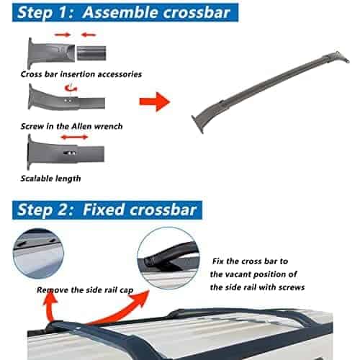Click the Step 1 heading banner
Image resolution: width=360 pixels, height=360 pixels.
[125, 12]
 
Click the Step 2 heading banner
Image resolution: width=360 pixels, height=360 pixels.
[107, 210]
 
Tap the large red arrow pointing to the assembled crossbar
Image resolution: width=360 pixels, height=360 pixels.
[155, 102]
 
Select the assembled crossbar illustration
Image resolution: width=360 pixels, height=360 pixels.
[270, 92]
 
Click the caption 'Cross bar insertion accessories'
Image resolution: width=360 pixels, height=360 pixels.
[81, 74]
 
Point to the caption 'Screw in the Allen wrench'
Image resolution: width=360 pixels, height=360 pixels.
[71, 126]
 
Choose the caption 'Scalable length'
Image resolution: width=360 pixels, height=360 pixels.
[50, 179]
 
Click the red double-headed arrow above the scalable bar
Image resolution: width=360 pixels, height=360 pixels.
[75, 138]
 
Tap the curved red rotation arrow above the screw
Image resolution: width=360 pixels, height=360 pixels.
[71, 88]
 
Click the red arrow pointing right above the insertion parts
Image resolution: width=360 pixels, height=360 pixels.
[63, 35]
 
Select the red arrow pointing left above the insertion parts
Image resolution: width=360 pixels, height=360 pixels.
[89, 35]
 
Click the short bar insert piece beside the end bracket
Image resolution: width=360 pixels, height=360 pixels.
[91, 53]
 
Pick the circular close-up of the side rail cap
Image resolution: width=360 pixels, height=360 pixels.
[38, 253]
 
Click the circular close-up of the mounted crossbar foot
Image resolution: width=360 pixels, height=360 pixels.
[168, 258]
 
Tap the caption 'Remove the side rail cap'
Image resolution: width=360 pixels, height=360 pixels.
[85, 290]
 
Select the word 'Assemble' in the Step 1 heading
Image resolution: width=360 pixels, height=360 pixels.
[121, 12]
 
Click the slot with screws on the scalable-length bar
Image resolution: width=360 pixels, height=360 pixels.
[70, 153]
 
